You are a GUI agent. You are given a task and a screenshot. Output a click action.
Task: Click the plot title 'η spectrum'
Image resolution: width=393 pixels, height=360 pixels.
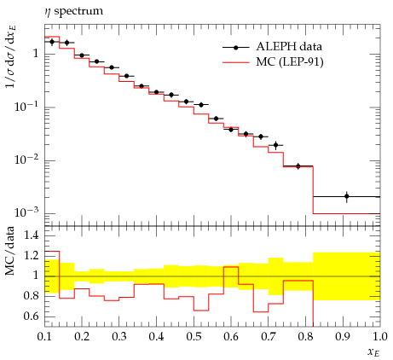point(73,11)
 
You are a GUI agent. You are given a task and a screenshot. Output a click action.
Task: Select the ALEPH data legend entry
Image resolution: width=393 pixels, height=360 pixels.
point(272,47)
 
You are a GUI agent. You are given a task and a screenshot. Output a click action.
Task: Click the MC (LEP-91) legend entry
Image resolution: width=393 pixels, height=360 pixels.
point(273,61)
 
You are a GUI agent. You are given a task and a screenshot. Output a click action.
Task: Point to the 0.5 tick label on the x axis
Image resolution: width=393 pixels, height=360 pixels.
point(194,337)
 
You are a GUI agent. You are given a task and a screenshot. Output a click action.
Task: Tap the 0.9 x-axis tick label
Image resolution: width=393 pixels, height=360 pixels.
point(343,337)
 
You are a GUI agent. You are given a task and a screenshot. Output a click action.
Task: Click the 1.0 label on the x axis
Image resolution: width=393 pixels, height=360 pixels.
point(380,337)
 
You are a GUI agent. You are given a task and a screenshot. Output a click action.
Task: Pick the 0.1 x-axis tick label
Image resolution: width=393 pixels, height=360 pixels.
point(45,337)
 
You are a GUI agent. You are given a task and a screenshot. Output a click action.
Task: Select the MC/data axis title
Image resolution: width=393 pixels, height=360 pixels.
point(10,251)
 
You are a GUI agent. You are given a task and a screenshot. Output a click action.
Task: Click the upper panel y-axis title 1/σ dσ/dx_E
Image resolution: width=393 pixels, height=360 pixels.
point(10,56)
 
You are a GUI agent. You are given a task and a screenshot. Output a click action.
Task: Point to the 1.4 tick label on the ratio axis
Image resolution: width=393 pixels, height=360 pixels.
point(31,235)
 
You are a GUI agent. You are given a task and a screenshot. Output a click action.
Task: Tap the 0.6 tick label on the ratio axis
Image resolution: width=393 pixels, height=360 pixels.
point(31,316)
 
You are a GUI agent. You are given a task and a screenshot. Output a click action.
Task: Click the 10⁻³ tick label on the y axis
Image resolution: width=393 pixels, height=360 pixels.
point(26,212)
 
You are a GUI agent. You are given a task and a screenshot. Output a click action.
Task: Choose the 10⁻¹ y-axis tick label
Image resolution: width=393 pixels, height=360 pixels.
point(26,107)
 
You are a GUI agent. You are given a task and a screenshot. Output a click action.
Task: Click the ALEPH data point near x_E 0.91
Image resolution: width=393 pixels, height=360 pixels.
point(346,196)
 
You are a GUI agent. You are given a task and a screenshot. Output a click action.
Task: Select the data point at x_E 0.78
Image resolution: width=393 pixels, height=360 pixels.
point(298,166)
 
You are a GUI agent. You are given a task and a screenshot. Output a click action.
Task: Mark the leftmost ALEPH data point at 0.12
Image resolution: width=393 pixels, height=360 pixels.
point(52,42)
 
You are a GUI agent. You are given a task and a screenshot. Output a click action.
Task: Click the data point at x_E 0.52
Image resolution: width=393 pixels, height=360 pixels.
point(201,105)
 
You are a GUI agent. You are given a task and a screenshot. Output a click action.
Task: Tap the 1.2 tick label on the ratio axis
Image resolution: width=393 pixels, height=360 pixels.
point(31,256)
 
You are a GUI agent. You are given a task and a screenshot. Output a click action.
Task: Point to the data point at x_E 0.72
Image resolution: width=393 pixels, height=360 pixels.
point(275,145)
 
